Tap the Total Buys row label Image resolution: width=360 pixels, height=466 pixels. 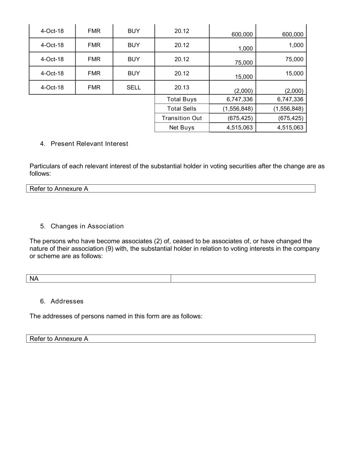[x=182, y=99]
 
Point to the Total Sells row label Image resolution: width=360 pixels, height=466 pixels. [x=182, y=109]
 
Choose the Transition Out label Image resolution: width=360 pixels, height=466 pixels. [x=182, y=118]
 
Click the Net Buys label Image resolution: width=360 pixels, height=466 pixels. [x=182, y=128]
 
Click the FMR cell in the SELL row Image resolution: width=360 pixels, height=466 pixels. [x=94, y=87]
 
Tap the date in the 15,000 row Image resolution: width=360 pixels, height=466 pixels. [x=52, y=73]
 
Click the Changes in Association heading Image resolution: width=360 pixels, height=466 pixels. [x=87, y=226]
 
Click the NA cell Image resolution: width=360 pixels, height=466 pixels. [x=34, y=279]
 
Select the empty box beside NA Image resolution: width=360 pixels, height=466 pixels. [x=243, y=279]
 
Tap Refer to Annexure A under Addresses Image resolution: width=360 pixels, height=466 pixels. [x=59, y=339]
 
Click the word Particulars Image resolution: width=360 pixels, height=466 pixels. [x=45, y=166]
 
